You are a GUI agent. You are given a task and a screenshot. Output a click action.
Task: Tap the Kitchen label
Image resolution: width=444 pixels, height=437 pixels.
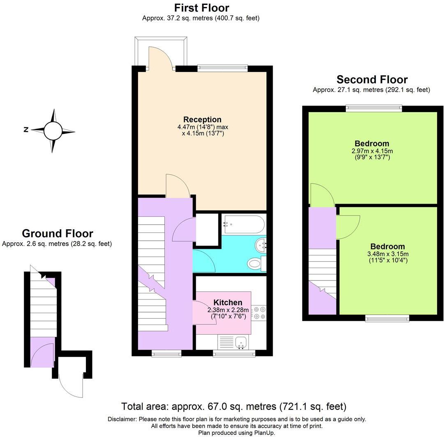click(x=224, y=303)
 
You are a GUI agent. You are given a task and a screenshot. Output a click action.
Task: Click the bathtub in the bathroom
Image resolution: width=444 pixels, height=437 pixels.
click(x=243, y=224)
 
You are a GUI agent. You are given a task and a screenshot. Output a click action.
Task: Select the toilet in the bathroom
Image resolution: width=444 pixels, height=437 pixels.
click(x=256, y=263)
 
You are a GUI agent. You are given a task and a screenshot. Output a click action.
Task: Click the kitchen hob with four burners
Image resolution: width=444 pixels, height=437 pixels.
click(x=259, y=313)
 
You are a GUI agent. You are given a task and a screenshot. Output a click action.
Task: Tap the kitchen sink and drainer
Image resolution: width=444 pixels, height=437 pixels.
click(x=233, y=342)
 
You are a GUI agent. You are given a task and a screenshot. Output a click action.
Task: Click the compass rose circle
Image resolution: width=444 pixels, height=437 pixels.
click(x=53, y=131)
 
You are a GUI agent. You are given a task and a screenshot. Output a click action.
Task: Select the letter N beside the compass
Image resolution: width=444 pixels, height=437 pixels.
click(x=26, y=130)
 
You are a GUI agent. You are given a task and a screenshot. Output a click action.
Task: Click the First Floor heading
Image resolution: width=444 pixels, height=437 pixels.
click(x=201, y=8)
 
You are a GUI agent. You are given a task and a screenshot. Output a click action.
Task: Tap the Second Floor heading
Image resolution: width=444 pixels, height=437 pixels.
click(x=372, y=79)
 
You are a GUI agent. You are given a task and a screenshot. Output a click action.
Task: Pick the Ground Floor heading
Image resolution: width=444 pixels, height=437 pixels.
click(x=57, y=234)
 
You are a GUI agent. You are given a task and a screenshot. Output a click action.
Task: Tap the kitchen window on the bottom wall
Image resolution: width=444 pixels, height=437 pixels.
click(x=234, y=353)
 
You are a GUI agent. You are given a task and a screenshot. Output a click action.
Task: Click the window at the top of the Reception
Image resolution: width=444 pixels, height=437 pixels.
click(x=223, y=68)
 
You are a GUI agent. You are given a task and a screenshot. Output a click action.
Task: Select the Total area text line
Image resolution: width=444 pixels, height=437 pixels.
click(x=233, y=407)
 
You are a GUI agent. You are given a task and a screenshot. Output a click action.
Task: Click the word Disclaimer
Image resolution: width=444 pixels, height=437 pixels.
click(x=122, y=419)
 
